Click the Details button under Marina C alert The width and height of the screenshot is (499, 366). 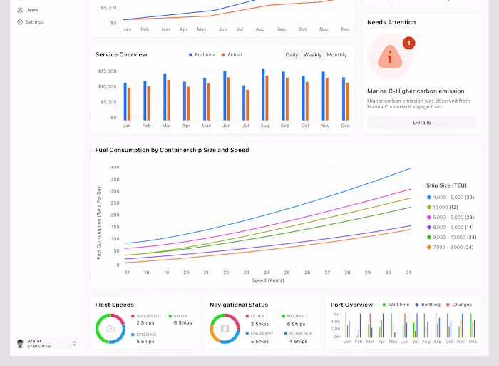(421, 123)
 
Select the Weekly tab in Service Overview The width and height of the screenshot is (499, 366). (312, 55)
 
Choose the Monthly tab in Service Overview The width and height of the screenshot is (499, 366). (336, 55)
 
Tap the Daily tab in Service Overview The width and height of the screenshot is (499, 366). (292, 55)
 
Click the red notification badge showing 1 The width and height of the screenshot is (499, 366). (408, 44)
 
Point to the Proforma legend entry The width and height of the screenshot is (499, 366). (202, 55)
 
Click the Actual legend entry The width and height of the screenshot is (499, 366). (231, 55)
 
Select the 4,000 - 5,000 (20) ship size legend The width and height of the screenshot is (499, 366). (449, 197)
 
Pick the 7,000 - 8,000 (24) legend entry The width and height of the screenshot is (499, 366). (449, 248)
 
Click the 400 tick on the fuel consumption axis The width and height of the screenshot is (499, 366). (115, 168)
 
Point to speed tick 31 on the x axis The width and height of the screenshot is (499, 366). (408, 273)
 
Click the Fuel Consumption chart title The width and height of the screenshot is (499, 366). (172, 151)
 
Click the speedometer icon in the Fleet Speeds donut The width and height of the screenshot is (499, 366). (110, 329)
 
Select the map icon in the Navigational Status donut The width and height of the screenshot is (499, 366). (225, 329)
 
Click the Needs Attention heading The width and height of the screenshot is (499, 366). (391, 23)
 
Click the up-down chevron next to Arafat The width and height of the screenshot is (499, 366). (74, 344)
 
